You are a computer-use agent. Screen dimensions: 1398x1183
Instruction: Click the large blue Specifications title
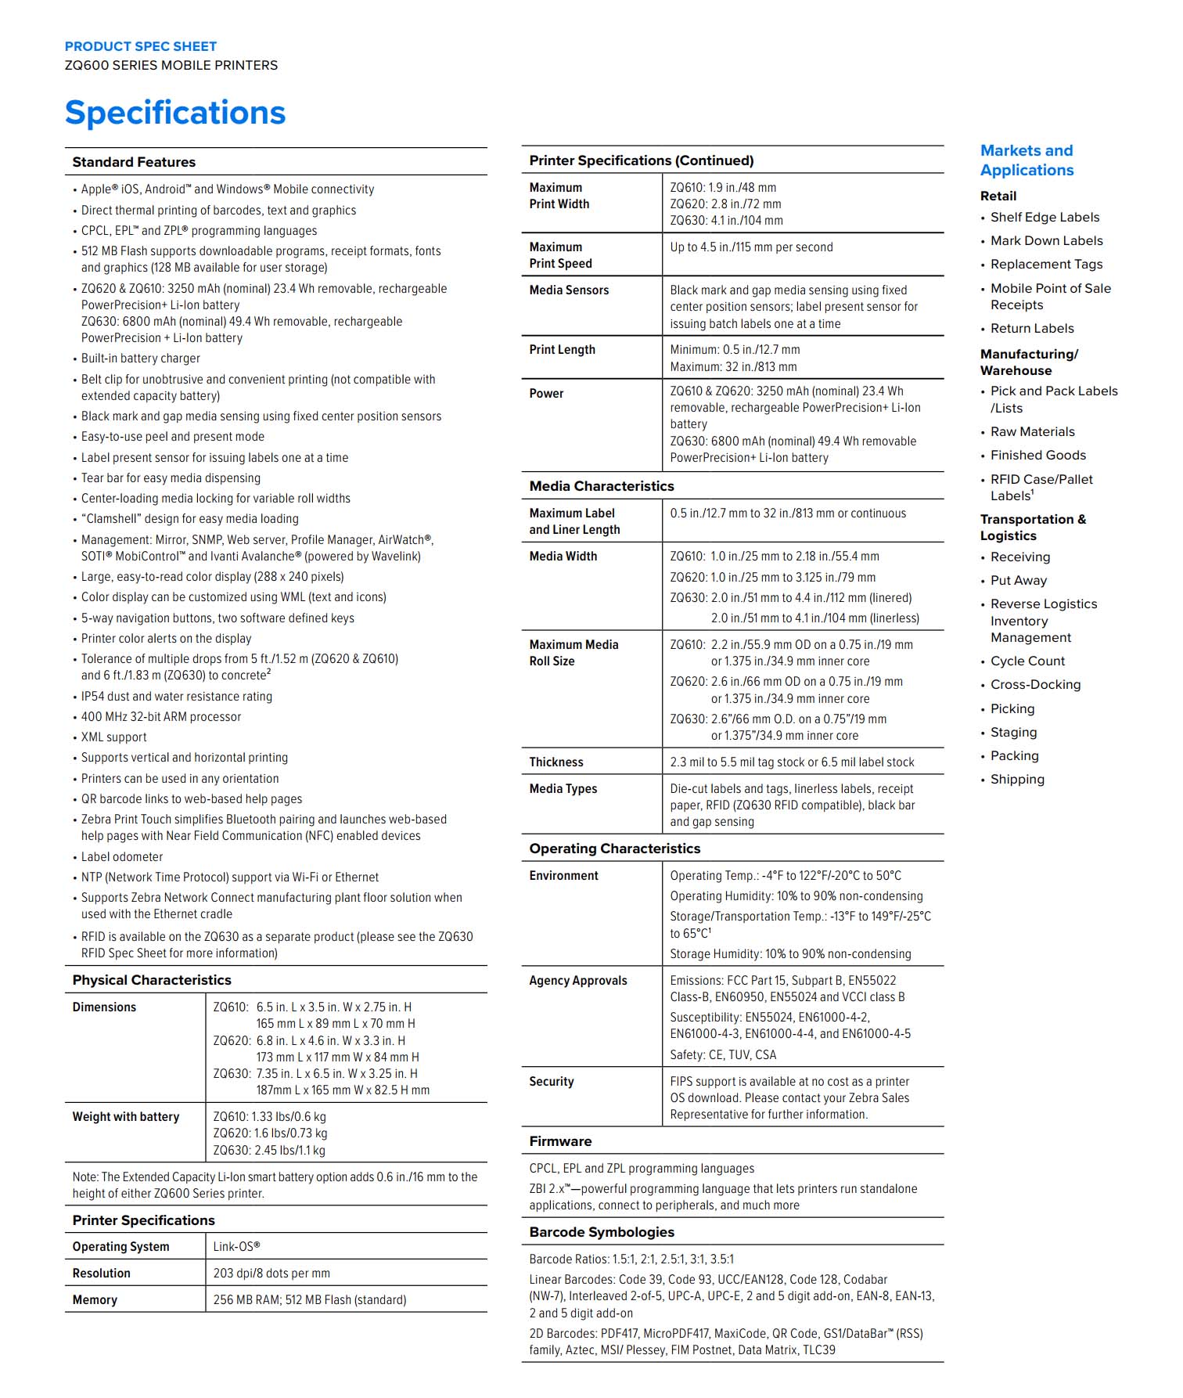pos(175,113)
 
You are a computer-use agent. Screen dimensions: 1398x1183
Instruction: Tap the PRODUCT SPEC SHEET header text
pos(141,47)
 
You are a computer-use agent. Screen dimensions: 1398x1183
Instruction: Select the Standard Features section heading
pos(134,162)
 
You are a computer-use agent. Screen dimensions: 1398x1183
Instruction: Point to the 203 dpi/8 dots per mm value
pos(271,1274)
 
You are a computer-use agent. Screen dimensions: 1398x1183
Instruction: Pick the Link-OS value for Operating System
pos(236,1247)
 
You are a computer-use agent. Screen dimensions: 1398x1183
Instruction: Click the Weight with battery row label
pos(126,1117)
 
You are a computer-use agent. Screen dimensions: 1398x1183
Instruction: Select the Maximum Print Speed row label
pos(560,255)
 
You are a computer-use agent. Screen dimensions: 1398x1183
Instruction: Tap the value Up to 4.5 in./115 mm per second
pos(751,247)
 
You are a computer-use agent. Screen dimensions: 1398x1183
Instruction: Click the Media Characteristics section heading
pos(602,486)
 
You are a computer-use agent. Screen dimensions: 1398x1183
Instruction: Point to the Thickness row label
pos(556,762)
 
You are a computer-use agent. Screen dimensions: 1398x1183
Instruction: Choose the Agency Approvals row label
pos(578,981)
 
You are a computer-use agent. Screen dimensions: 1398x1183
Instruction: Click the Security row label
pos(552,1082)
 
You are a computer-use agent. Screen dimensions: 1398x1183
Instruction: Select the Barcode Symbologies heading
pos(602,1232)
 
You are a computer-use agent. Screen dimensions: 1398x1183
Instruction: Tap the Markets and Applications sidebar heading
pos(1027,160)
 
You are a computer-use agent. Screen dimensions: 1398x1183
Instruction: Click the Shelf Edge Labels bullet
pos(1045,218)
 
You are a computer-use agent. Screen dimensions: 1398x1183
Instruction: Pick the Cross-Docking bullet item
pos(1035,685)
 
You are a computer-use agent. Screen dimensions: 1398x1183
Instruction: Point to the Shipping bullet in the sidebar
pos(1017,780)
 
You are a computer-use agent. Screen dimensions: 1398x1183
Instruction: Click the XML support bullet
pos(114,737)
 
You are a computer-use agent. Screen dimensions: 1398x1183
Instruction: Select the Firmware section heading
pos(560,1141)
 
